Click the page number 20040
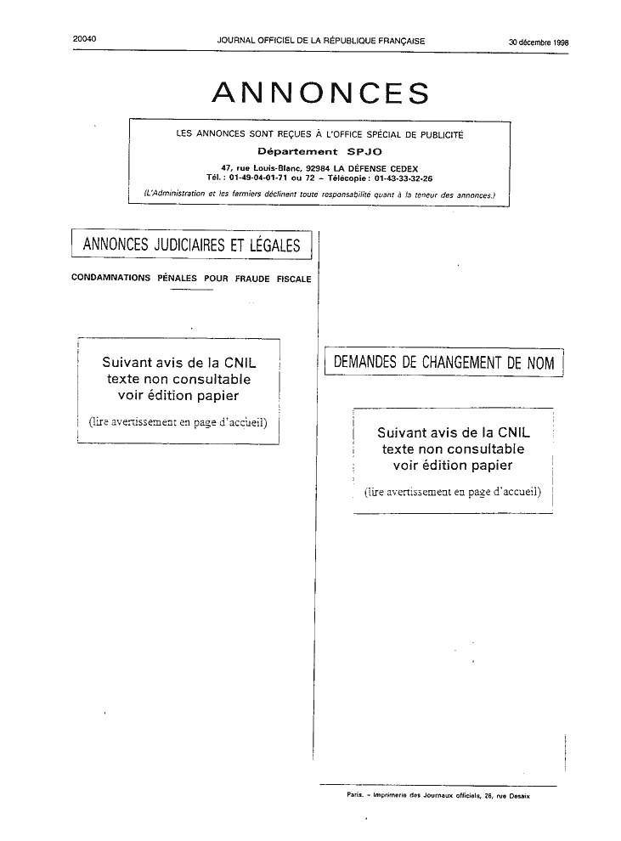pyautogui.click(x=84, y=38)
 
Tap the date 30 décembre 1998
pyautogui.click(x=539, y=42)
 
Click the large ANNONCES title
pyautogui.click(x=320, y=93)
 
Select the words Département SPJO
pyautogui.click(x=319, y=152)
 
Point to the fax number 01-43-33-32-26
pyautogui.click(x=404, y=178)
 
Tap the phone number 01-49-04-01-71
pyautogui.click(x=258, y=178)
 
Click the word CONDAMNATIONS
pyautogui.click(x=111, y=278)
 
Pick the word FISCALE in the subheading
pyautogui.click(x=294, y=279)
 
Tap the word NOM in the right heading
pyautogui.click(x=540, y=363)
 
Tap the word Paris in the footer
pyautogui.click(x=355, y=796)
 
